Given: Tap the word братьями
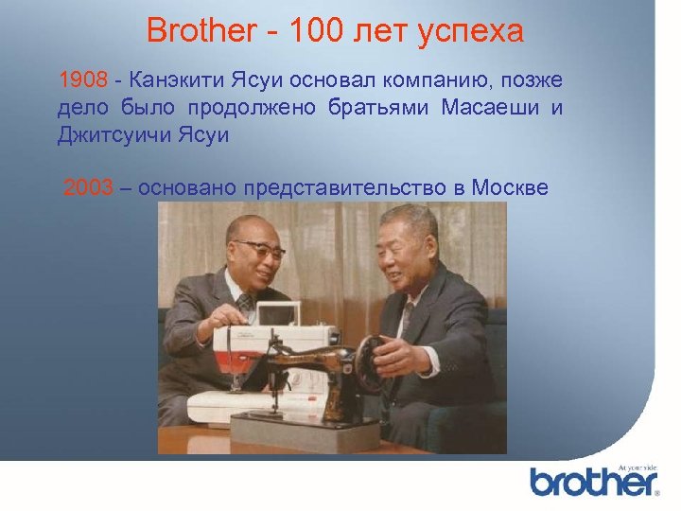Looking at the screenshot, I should coord(375,106).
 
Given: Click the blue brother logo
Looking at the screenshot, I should coord(593,482).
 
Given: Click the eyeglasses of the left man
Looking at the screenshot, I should coord(259,249).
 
